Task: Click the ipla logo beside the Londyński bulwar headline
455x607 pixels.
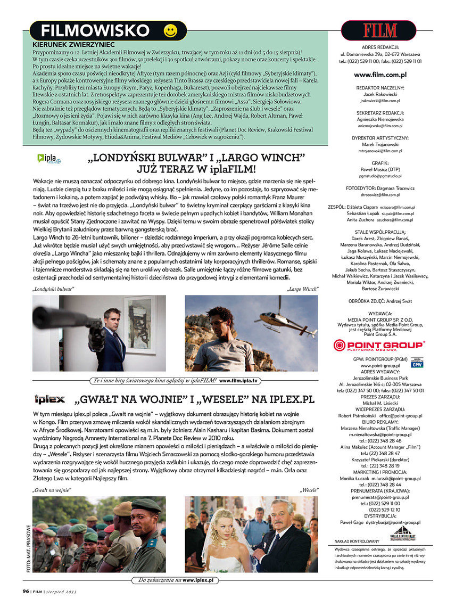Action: [x=49, y=158]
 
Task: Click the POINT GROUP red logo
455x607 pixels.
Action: [x=379, y=346]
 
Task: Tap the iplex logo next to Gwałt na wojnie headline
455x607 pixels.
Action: [x=49, y=399]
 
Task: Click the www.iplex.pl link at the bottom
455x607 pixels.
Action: [x=198, y=579]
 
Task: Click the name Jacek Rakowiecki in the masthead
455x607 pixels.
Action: [x=380, y=94]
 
